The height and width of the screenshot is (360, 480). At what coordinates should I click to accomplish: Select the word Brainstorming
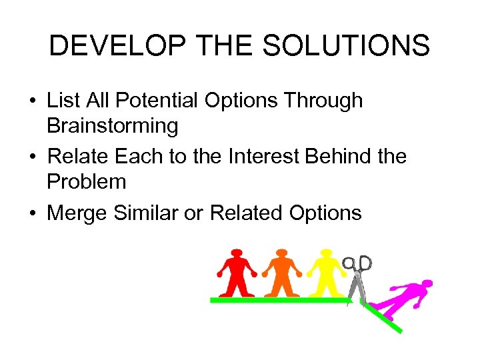click(112, 125)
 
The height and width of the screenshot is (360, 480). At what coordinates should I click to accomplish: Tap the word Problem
click(86, 181)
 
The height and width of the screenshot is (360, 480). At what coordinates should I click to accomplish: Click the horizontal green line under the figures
click(280, 301)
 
